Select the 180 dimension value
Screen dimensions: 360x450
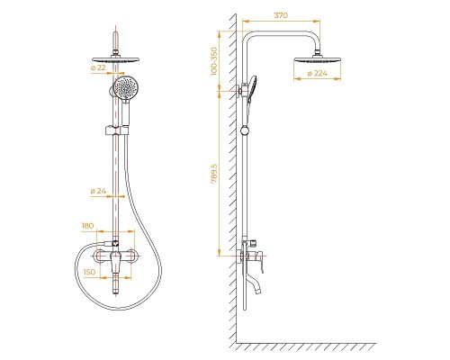pyautogui.click(x=87, y=227)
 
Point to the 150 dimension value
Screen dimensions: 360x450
pyautogui.click(x=89, y=271)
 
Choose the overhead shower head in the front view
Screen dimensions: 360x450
pyautogui.click(x=118, y=56)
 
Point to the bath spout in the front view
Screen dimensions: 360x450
pyautogui.click(x=118, y=290)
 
